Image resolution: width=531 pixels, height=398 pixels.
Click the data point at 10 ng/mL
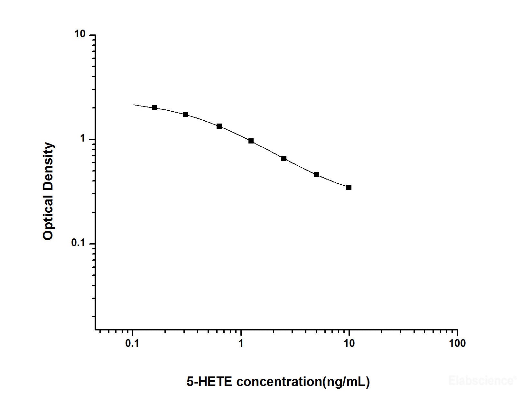point(349,187)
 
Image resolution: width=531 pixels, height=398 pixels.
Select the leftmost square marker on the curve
point(154,107)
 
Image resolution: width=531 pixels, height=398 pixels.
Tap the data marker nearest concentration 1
point(251,141)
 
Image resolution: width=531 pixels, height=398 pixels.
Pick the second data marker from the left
point(186,115)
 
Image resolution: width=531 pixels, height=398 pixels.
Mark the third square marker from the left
point(219,126)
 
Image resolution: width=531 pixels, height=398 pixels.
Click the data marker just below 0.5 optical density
point(316,174)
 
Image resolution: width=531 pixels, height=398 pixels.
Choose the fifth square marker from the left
point(284,158)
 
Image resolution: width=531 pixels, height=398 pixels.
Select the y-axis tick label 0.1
point(78,243)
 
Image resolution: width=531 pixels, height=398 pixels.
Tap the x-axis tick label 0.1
point(132,343)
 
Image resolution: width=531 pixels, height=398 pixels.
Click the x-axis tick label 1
point(241,343)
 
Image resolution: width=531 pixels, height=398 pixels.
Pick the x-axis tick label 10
point(349,343)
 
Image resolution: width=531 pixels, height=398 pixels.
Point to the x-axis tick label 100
point(457,343)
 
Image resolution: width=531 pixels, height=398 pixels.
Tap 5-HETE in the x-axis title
point(209,382)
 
